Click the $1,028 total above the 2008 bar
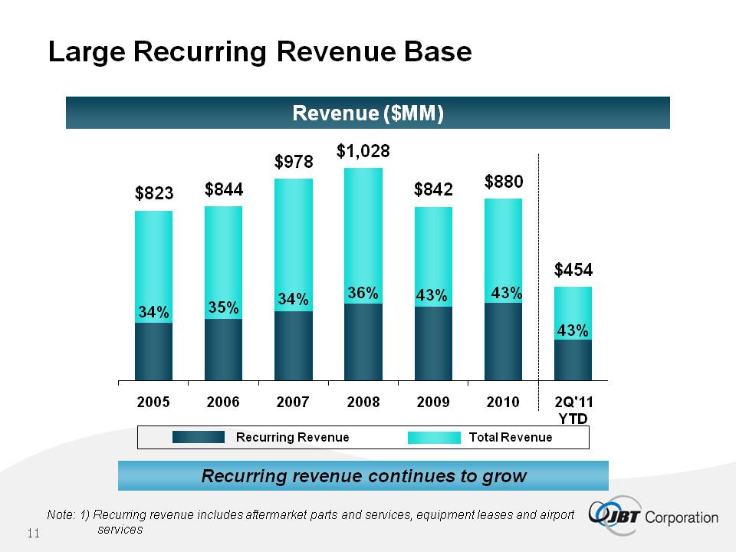click(363, 152)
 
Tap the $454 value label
click(574, 269)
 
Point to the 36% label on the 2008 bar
click(363, 293)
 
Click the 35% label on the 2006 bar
click(223, 307)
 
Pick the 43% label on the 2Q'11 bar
click(573, 330)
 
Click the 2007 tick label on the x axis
click(293, 402)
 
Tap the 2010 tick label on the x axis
click(503, 402)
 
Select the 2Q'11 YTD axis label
click(573, 409)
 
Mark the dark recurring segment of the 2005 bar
click(153, 351)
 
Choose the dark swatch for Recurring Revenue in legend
click(198, 437)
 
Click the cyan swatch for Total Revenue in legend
click(432, 437)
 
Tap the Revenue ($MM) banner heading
click(368, 113)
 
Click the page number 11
click(33, 534)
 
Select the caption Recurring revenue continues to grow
click(363, 476)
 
